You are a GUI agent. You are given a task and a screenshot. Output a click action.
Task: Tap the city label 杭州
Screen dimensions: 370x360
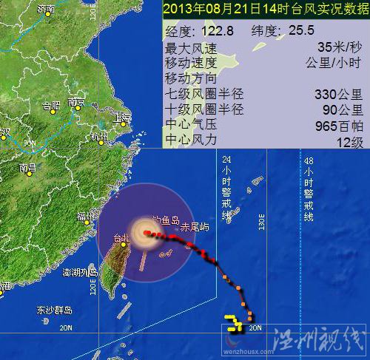pos(99,137)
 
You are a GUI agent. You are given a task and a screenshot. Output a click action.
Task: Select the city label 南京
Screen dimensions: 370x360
pos(77,103)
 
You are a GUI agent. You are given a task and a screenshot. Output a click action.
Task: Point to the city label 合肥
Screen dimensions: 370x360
pos(51,105)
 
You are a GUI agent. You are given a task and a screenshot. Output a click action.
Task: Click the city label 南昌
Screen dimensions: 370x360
pos(28,168)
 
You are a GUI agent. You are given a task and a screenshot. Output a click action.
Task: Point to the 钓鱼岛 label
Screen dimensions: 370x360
pos(165,220)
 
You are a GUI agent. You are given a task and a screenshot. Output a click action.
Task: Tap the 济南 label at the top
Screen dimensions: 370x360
pos(46,10)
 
